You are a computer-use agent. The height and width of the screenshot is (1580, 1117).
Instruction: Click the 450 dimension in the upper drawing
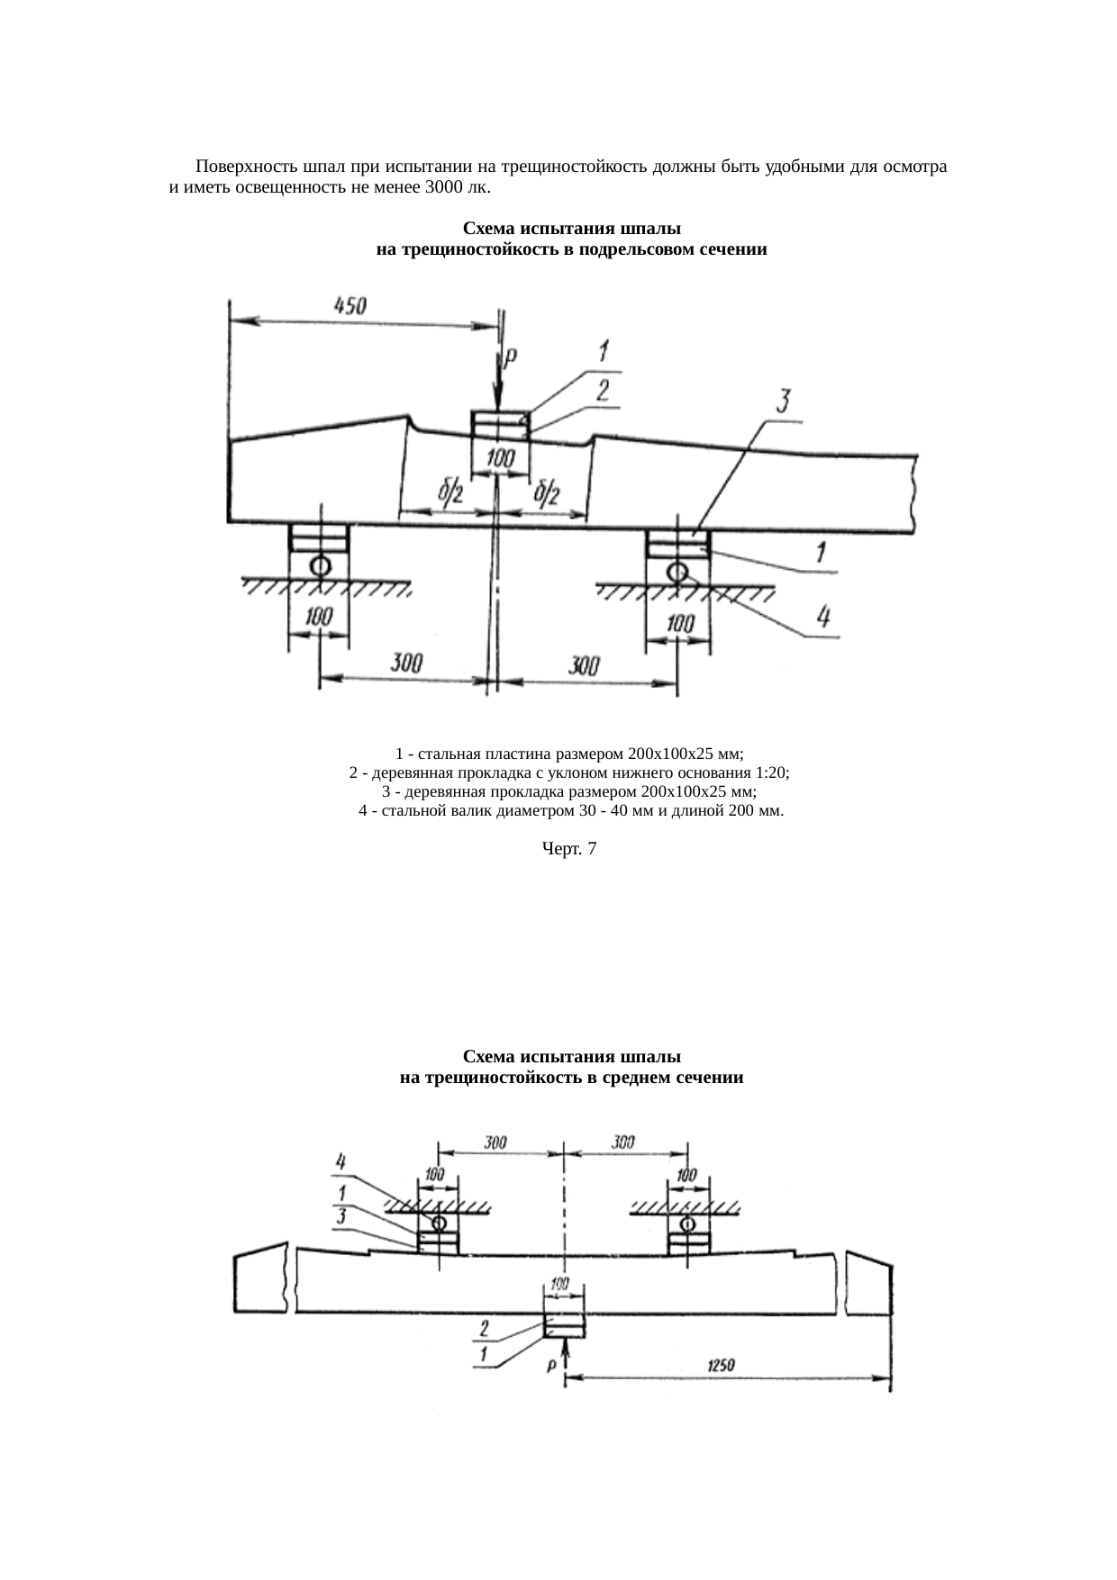350,306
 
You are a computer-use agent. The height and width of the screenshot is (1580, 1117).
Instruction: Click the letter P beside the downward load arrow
510,358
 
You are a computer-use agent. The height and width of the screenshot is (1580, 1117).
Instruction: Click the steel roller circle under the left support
318,565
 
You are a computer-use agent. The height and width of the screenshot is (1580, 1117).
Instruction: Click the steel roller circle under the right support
677,570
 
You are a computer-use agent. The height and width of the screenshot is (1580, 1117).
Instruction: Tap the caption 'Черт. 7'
568,848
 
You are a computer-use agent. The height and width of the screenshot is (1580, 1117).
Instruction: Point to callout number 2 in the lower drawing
485,1328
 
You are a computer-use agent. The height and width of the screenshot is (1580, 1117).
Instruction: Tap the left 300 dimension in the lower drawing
495,1142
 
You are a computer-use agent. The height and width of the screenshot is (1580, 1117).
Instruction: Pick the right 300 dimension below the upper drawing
585,666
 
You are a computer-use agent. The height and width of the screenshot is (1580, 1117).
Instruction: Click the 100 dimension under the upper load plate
501,459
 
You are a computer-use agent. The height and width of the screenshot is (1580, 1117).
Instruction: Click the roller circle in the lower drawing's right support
688,1224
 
